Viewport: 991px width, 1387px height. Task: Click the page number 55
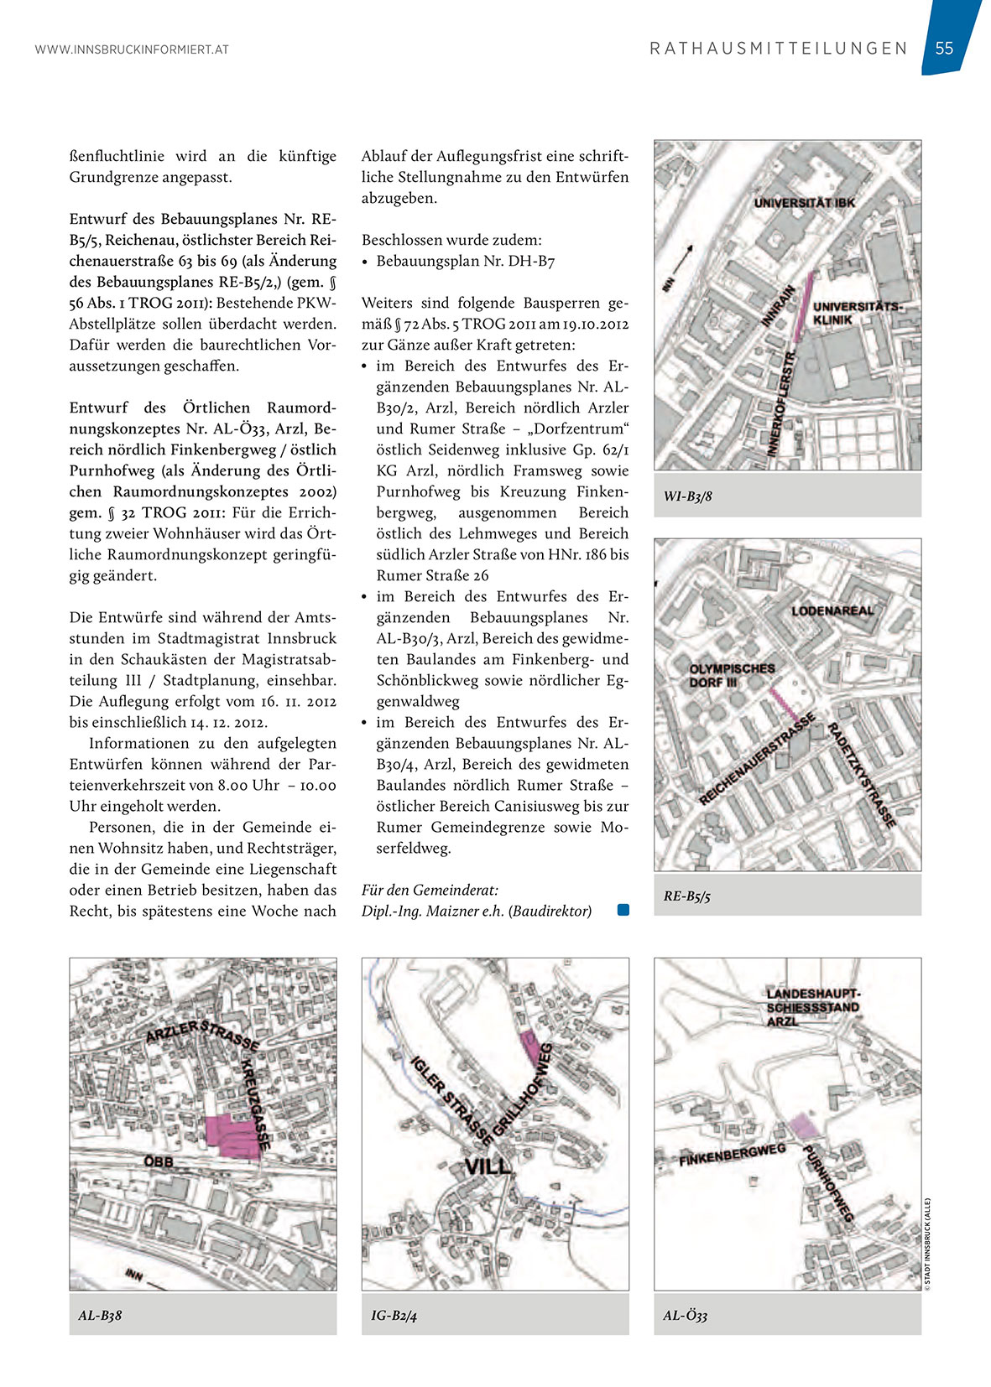944,48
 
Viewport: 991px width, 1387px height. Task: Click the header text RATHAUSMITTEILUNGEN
779,49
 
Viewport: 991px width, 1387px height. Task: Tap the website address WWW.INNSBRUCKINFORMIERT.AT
132,49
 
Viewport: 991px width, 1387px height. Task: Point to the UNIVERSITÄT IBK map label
804,203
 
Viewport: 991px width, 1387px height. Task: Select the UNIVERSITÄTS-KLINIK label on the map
856,313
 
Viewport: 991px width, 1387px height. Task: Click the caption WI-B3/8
688,496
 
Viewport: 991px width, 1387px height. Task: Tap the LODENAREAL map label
832,610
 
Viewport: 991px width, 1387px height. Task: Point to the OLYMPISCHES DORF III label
732,675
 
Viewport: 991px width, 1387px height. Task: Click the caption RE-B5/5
687,896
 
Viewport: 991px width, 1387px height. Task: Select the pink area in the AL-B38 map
232,1137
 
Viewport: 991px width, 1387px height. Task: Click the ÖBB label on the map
159,1161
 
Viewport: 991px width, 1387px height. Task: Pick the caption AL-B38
100,1315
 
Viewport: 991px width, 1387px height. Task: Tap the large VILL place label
488,1165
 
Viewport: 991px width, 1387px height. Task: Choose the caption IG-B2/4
394,1315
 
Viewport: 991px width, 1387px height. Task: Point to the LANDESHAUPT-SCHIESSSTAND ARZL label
813,1007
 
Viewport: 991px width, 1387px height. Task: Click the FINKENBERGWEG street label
732,1156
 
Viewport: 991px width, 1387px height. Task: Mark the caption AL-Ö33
686,1315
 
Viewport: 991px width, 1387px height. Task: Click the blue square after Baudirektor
623,910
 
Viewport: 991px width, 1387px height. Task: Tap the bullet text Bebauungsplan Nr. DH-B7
465,261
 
